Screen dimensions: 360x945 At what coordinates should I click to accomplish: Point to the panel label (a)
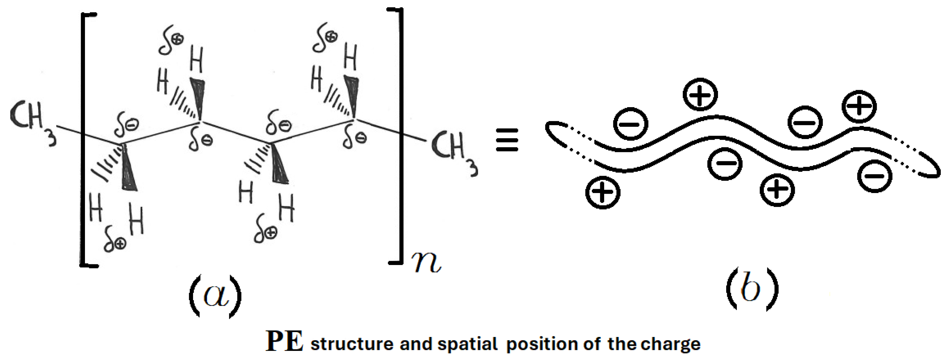[215, 296]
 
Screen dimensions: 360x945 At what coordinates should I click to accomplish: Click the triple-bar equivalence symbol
[507, 140]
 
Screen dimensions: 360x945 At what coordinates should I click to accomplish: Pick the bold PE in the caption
[284, 342]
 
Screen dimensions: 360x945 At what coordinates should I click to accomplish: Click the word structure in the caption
[352, 344]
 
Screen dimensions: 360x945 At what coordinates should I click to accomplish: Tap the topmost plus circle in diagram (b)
[700, 95]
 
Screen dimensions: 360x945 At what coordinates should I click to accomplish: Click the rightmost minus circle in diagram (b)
[875, 176]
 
